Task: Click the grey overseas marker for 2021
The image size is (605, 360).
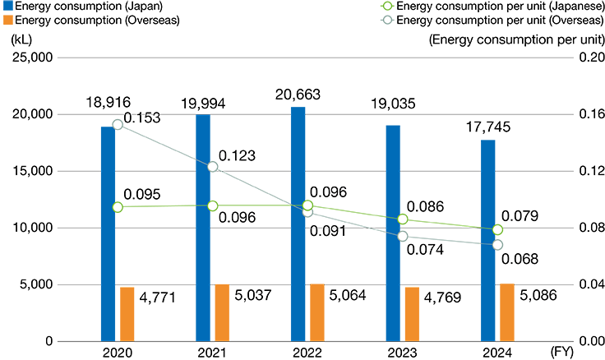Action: [213, 167]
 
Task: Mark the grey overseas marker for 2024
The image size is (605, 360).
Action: [497, 245]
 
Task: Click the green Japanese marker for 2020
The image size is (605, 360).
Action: [118, 207]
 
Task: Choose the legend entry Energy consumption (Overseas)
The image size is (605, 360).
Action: [94, 19]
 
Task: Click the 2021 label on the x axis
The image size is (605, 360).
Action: [213, 354]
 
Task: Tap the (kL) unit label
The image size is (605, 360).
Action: [22, 37]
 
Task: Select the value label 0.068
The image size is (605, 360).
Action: [520, 259]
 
